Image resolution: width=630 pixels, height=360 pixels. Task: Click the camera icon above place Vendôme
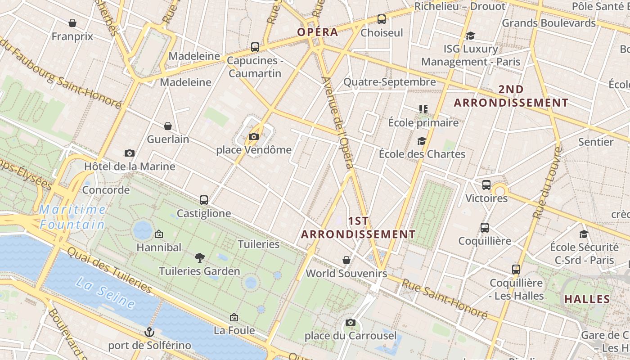(254, 136)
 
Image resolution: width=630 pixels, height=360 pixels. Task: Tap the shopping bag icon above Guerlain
(168, 126)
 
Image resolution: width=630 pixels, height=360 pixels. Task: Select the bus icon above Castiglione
(204, 200)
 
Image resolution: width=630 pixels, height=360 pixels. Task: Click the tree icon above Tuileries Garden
(199, 257)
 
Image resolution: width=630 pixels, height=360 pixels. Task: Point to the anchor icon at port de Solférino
(149, 332)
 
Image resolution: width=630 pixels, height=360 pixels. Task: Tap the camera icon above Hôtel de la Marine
(130, 153)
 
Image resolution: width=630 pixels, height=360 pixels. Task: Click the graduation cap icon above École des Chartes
(422, 141)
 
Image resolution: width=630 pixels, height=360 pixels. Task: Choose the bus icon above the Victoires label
(486, 184)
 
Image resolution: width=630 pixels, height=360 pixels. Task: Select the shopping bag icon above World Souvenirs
(346, 260)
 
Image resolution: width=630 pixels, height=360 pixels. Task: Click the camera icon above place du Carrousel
(351, 322)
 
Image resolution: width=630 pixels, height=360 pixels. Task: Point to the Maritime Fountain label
(72, 217)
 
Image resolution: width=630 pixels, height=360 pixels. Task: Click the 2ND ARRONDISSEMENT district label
(511, 96)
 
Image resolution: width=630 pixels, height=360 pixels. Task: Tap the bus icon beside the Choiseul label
(382, 19)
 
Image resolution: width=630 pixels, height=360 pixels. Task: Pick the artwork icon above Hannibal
(158, 234)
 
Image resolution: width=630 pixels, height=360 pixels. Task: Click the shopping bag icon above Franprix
(72, 23)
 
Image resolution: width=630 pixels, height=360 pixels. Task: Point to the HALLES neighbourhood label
(587, 299)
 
